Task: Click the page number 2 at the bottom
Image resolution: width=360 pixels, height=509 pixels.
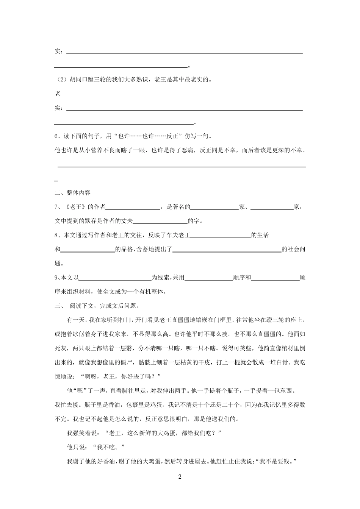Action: coord(180,477)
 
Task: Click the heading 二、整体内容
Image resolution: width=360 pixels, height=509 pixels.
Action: coord(73,193)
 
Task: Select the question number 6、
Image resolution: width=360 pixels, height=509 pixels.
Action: coord(58,136)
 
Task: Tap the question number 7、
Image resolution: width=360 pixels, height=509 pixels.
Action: coord(58,207)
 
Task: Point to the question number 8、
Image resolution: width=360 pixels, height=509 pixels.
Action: coord(58,235)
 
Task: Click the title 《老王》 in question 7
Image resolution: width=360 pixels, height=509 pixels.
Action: coord(74,207)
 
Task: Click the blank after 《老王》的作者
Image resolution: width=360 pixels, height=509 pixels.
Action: coord(133,208)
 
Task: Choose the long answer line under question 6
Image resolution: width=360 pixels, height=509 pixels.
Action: coord(182,166)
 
